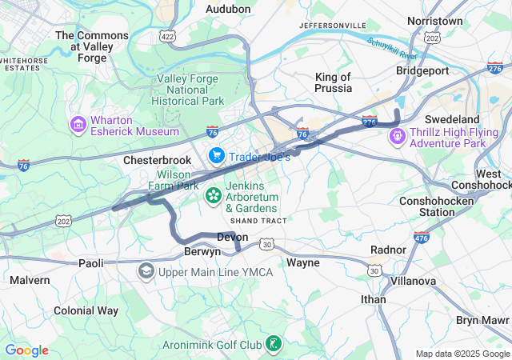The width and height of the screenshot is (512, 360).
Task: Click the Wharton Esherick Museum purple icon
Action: (78, 125)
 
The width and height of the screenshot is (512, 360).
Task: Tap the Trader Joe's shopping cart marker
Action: (216, 154)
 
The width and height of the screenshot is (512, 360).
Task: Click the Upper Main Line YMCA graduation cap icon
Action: (146, 272)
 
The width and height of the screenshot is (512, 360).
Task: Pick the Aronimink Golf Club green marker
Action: (274, 344)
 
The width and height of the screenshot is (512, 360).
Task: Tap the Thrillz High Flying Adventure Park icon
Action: (398, 137)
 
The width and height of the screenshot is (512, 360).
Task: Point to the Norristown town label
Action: (435, 20)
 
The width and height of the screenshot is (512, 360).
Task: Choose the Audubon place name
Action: (228, 9)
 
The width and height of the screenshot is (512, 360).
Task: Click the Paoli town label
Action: (90, 262)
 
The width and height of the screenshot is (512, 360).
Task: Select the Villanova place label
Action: (413, 281)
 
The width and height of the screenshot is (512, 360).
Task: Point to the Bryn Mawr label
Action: (483, 320)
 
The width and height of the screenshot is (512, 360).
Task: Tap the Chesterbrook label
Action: (158, 160)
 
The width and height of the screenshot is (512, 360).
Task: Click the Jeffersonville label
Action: (332, 26)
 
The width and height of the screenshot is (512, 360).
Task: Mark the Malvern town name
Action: (30, 280)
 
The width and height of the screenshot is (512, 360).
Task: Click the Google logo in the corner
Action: (26, 350)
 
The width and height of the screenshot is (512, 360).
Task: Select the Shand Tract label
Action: (258, 220)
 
